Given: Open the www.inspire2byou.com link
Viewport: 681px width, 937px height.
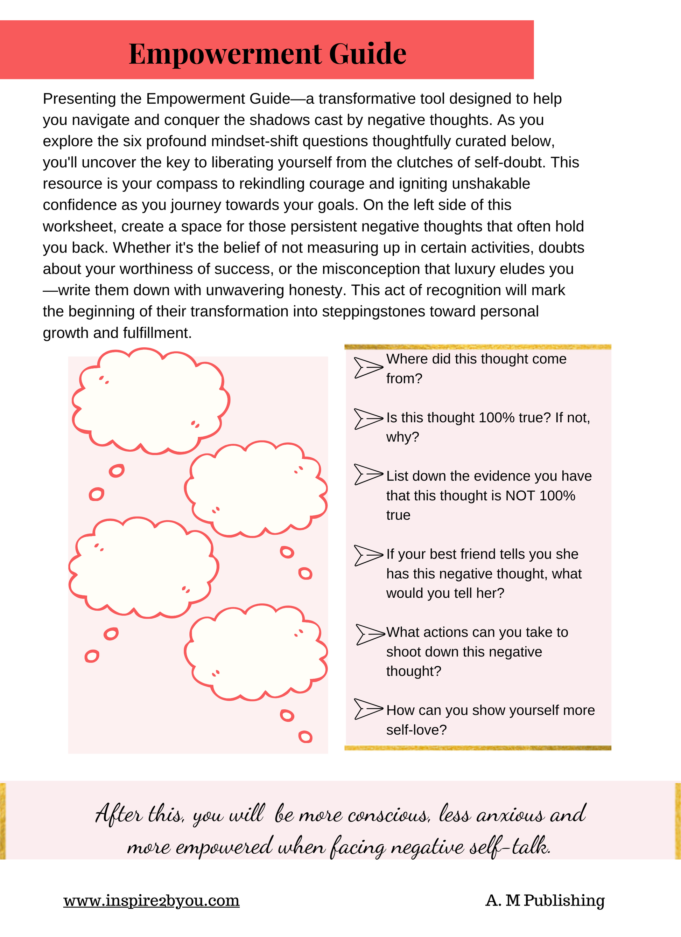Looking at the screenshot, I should (151, 900).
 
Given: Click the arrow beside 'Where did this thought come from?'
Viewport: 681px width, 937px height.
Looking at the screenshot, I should (368, 367).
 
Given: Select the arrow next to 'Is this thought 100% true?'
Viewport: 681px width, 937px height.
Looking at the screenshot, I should (368, 418).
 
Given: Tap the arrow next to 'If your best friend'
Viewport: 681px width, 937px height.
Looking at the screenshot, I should (368, 555).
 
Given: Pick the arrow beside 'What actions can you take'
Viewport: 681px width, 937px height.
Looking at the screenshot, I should (370, 634).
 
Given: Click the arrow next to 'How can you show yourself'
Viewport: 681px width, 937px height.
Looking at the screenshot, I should (368, 709).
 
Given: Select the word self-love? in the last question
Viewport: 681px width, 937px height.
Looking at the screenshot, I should (416, 730).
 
